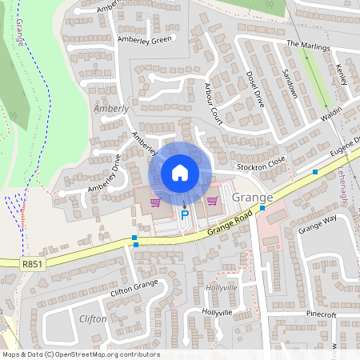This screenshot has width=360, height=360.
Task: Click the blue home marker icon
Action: coord(180,173)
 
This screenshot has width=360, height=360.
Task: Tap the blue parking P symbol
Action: coord(185,214)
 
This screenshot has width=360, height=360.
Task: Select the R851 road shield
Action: coord(33,262)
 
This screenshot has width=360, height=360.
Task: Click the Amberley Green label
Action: coord(146,39)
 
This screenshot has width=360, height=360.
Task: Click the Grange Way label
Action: coord(318,223)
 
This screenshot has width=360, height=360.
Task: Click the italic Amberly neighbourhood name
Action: coord(110,108)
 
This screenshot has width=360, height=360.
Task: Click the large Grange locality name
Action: coord(252,197)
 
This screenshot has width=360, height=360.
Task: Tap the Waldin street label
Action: coord(331,114)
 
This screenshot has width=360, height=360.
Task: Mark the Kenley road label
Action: coord(346,78)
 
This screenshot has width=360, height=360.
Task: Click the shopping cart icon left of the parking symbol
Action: coord(155,202)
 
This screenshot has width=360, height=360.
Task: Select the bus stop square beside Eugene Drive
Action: coord(316,172)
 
